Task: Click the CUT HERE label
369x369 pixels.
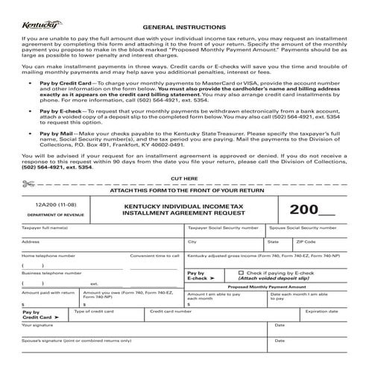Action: coord(184,200)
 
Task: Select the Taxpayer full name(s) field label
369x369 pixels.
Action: coord(45,227)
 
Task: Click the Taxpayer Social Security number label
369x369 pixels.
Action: coord(223,227)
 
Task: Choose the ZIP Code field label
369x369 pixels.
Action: coord(306,242)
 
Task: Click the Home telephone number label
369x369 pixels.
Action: coord(48,256)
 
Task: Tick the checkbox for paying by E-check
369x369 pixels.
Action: coord(241,273)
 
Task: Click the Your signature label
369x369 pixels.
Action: coord(37,325)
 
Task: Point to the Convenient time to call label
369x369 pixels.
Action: coord(154,256)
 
